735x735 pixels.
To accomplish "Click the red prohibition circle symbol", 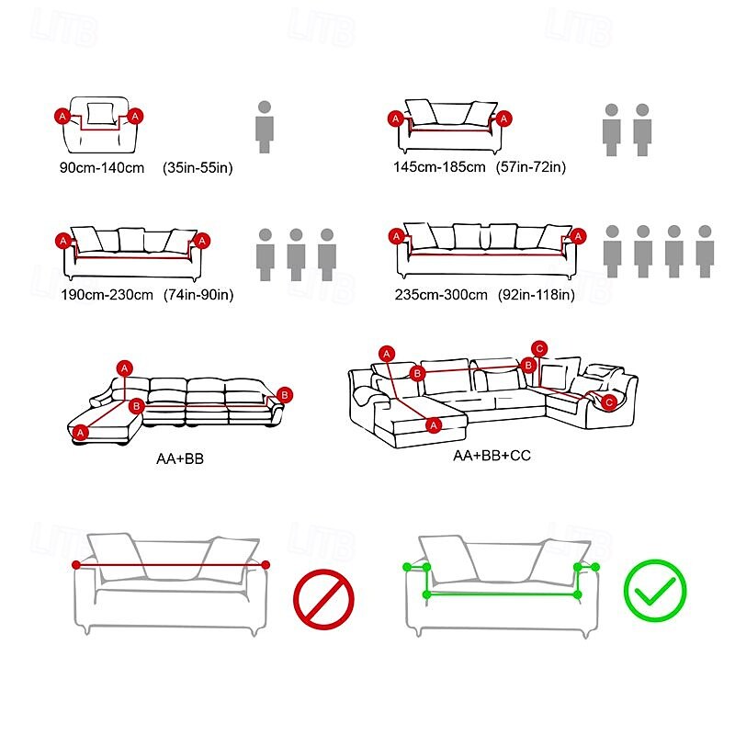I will tap(323, 600).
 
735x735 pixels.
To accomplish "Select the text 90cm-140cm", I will tap(102, 168).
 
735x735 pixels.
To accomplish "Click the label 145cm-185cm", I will tap(438, 167).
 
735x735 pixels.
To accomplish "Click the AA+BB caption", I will tap(179, 457).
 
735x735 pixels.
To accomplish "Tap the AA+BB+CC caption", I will tap(492, 456).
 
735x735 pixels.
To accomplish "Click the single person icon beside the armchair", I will tap(265, 127).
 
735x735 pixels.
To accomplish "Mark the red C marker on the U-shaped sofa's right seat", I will tap(609, 401).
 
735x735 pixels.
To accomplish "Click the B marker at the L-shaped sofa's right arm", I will tap(285, 395).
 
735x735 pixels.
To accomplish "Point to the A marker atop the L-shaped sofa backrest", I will tap(125, 368).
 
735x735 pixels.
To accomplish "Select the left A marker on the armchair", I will tap(62, 116).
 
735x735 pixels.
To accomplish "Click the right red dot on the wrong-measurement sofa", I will tap(266, 565).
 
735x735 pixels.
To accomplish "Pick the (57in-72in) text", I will tap(531, 167).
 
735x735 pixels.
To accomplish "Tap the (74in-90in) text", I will tap(199, 295).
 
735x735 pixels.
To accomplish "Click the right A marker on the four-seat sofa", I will tap(578, 237).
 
